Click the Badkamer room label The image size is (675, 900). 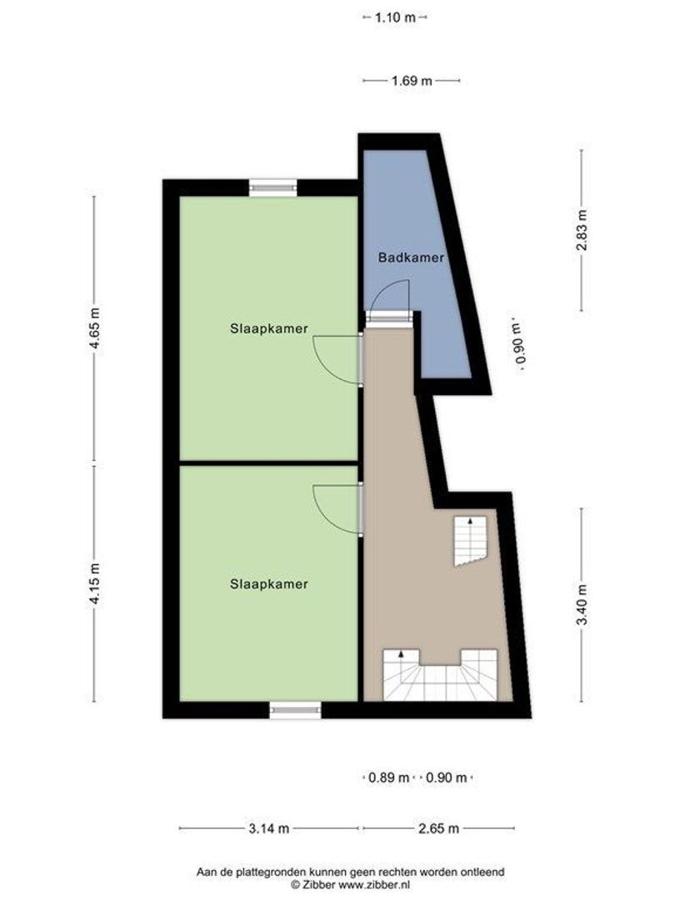(410, 257)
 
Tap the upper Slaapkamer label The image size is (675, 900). (269, 329)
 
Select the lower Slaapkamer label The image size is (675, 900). (269, 584)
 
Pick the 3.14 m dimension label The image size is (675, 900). (269, 828)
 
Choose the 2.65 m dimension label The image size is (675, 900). (437, 828)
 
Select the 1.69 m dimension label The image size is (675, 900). (412, 81)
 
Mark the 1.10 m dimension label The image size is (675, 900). (395, 17)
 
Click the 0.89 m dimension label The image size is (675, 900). (389, 778)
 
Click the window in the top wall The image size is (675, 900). (273, 188)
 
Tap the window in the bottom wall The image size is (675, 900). (295, 709)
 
